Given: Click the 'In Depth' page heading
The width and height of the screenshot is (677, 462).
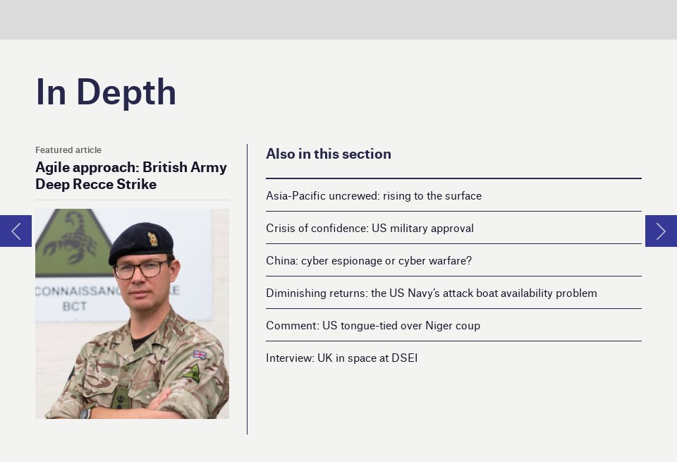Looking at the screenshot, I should tap(106, 92).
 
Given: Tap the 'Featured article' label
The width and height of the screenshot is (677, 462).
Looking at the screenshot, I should tap(68, 150).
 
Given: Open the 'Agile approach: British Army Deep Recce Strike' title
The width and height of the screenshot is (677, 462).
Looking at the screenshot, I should tap(131, 176).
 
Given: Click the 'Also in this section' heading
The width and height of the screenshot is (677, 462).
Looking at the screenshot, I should tap(329, 154).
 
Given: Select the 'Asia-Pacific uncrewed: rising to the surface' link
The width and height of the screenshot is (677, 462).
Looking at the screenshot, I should tap(374, 196).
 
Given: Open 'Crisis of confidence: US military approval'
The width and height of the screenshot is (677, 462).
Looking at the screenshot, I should tap(370, 229).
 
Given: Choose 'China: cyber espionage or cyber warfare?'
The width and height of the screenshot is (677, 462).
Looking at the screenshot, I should tap(369, 261).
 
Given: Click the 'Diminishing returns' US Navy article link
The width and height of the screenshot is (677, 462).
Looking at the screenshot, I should tap(431, 293).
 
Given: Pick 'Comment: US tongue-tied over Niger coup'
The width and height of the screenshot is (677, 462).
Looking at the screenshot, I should tap(373, 326).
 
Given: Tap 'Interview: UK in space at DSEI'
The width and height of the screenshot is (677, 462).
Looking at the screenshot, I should tap(341, 358).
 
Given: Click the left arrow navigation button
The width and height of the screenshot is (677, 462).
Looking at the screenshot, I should tap(16, 231).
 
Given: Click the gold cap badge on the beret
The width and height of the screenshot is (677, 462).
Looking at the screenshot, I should tap(152, 239).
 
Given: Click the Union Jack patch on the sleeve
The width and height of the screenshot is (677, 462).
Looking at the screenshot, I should tap(200, 355).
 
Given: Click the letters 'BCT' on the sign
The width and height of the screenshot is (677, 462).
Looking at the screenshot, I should tap(74, 306).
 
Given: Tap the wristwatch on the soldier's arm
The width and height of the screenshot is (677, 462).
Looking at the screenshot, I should tap(87, 412).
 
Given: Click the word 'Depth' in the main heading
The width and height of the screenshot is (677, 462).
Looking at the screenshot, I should tap(126, 92).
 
